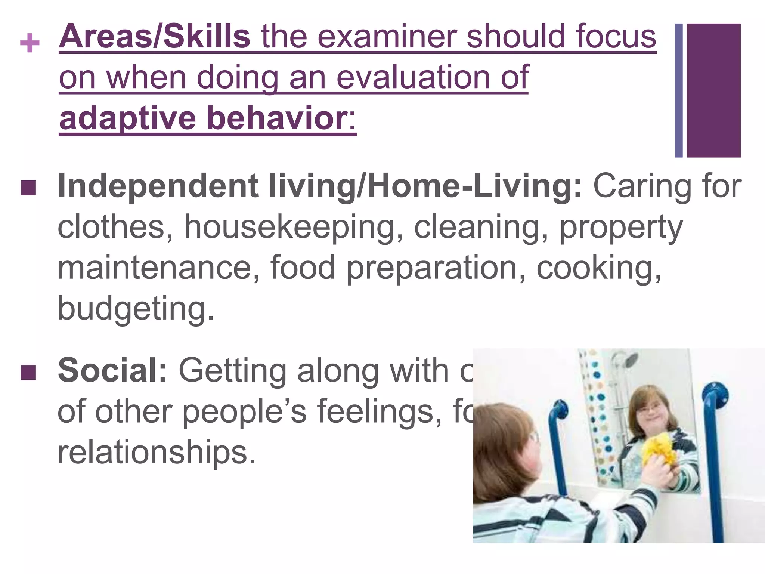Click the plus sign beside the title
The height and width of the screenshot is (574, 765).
(x=30, y=43)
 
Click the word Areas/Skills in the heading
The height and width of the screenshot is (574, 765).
(x=154, y=37)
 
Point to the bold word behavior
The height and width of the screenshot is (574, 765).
(x=277, y=118)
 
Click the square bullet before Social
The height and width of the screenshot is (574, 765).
(x=29, y=372)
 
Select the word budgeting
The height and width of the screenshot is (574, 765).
(x=136, y=308)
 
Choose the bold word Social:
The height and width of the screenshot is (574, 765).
(x=112, y=370)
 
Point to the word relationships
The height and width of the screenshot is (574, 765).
(x=157, y=451)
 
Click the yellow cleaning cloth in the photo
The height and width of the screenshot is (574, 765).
(x=662, y=456)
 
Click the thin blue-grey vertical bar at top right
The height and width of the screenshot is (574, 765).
(x=678, y=90)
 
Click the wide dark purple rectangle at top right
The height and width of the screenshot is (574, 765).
(x=713, y=90)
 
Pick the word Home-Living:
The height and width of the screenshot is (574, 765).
(x=474, y=186)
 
